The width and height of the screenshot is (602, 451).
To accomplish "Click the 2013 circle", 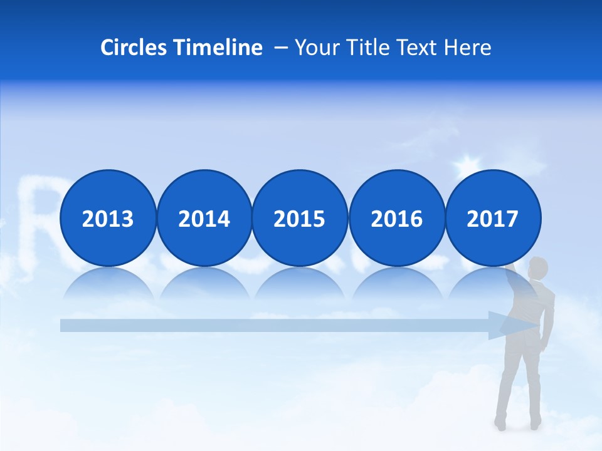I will click(x=108, y=219).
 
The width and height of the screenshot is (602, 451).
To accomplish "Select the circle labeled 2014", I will click(x=204, y=219).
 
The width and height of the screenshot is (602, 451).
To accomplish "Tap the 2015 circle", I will click(x=300, y=219).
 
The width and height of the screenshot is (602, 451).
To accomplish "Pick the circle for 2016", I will click(x=396, y=219).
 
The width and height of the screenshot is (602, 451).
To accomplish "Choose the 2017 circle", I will click(x=493, y=219).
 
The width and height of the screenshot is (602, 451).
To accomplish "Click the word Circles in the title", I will click(x=134, y=48).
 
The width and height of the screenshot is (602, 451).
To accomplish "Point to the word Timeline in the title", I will click(x=218, y=48).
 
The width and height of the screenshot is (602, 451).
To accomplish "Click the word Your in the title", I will click(x=315, y=48).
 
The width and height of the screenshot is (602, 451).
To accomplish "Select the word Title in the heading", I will click(x=362, y=48).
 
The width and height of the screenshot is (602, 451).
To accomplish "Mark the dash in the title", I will click(x=280, y=48).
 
